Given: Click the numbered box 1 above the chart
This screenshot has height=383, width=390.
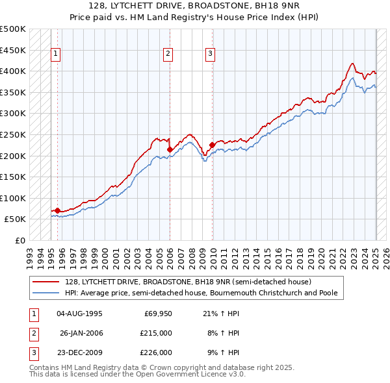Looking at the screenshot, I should (x=57, y=54).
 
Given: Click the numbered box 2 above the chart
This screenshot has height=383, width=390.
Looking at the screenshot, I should (x=168, y=54).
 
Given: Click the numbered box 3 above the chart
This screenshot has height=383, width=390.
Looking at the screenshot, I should (x=211, y=54).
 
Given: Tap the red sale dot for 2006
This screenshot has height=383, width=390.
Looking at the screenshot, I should (x=170, y=149).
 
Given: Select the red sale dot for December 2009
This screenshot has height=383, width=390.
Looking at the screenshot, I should (x=213, y=145).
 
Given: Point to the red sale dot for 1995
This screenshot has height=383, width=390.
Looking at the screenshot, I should (x=57, y=210).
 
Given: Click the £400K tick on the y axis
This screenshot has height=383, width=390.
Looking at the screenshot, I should (x=13, y=71).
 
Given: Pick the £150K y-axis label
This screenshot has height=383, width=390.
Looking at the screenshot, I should (x=13, y=177).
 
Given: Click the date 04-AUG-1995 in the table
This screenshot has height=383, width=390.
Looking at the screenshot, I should (x=79, y=314).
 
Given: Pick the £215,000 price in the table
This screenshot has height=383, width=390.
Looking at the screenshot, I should (x=156, y=333).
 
